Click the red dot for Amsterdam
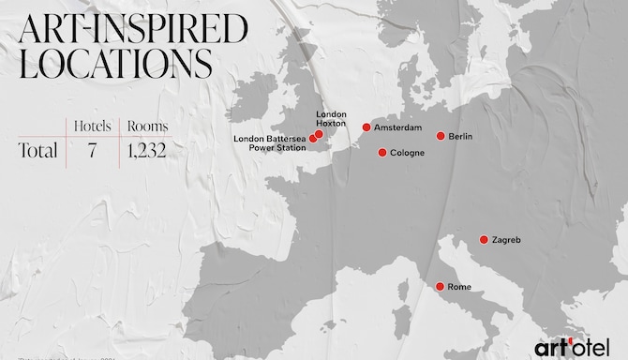pyautogui.click(x=366, y=127)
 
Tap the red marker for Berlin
pyautogui.click(x=441, y=136)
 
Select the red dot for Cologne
pyautogui.click(x=381, y=152)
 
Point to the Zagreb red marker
pyautogui.click(x=484, y=239)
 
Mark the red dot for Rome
pyautogui.click(x=440, y=286)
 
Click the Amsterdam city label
pyautogui.click(x=397, y=127)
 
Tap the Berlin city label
pyautogui.click(x=460, y=137)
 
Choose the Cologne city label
pyautogui.click(x=407, y=153)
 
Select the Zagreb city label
pyautogui.click(x=506, y=240)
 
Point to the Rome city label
pyautogui.click(x=460, y=287)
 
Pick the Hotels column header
pyautogui.click(x=94, y=123)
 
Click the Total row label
pyautogui.click(x=37, y=150)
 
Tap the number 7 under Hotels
pyautogui.click(x=93, y=150)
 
